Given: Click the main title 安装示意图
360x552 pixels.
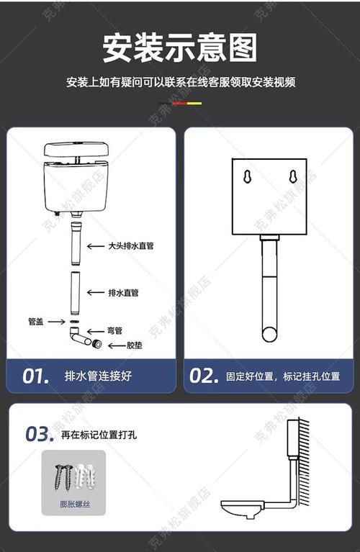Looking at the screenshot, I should click(180, 49).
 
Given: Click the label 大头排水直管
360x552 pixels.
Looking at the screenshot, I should click(130, 246).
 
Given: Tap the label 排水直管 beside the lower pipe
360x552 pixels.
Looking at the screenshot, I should click(123, 292).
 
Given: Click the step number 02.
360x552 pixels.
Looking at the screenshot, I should click(204, 376).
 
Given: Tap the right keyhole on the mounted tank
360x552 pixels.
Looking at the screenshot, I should click(293, 177).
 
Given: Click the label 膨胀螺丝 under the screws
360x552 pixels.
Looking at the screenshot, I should click(73, 505).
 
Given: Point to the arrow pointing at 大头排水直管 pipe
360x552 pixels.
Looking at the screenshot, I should click(95, 246).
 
